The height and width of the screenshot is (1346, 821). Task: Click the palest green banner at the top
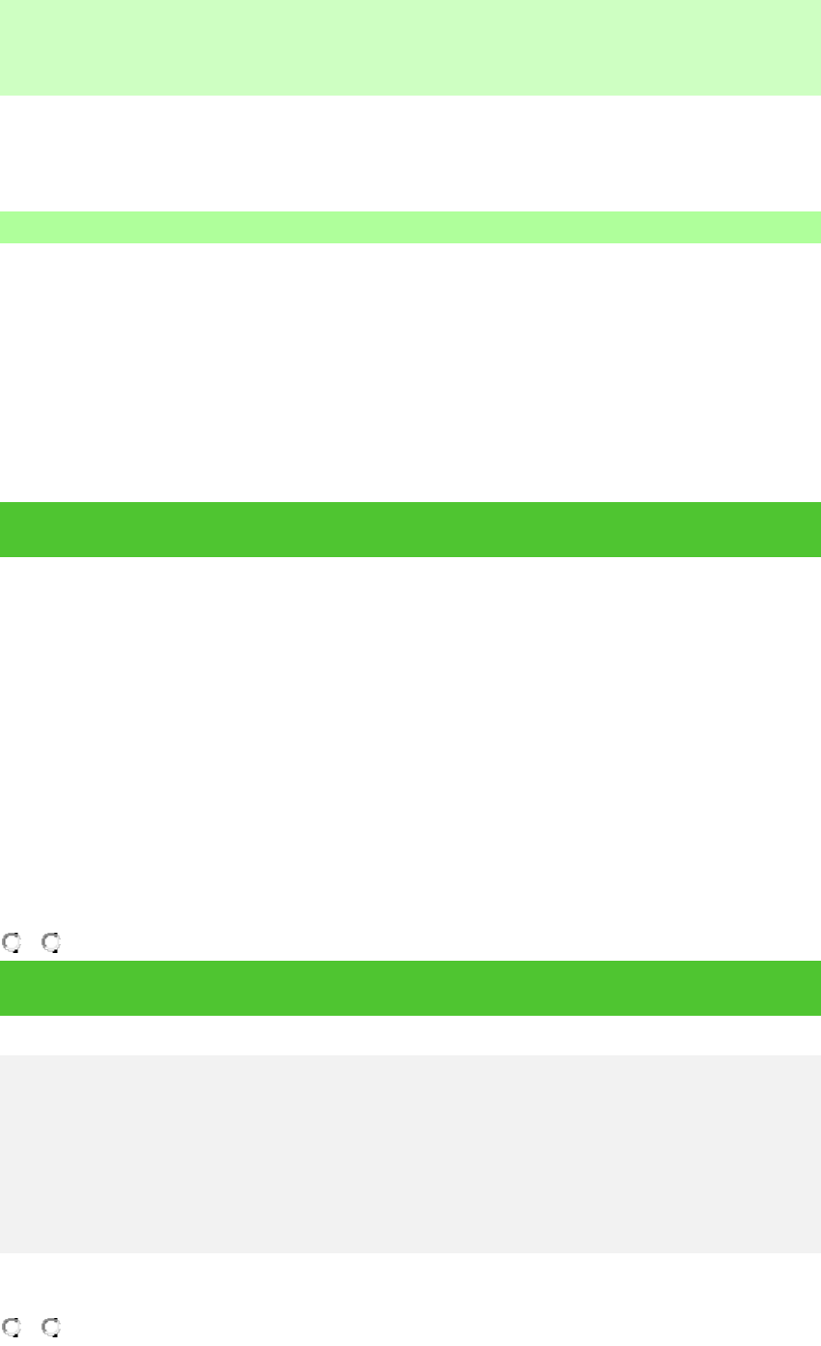pyautogui.click(x=410, y=46)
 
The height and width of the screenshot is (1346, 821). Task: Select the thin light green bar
pyautogui.click(x=410, y=227)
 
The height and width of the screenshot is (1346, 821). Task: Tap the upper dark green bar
pyautogui.click(x=410, y=529)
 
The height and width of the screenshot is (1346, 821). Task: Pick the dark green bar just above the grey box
pyautogui.click(x=410, y=987)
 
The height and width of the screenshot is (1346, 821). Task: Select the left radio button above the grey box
pyautogui.click(x=11, y=942)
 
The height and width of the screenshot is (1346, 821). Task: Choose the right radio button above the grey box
pyautogui.click(x=50, y=942)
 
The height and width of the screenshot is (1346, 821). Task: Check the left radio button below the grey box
pyautogui.click(x=11, y=1327)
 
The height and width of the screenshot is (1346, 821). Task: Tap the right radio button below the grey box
pyautogui.click(x=50, y=1327)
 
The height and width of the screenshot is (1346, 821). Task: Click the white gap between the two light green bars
pyautogui.click(x=410, y=153)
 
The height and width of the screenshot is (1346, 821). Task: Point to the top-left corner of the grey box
pyautogui.click(x=3, y=1057)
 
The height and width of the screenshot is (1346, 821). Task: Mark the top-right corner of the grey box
pyautogui.click(x=817, y=1057)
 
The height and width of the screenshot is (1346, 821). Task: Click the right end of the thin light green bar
pyautogui.click(x=814, y=227)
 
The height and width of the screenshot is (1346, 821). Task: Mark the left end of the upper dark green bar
pyautogui.click(x=6, y=529)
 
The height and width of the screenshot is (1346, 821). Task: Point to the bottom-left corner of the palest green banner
pyautogui.click(x=3, y=92)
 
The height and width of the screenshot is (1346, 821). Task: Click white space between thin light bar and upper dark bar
pyautogui.click(x=410, y=372)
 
